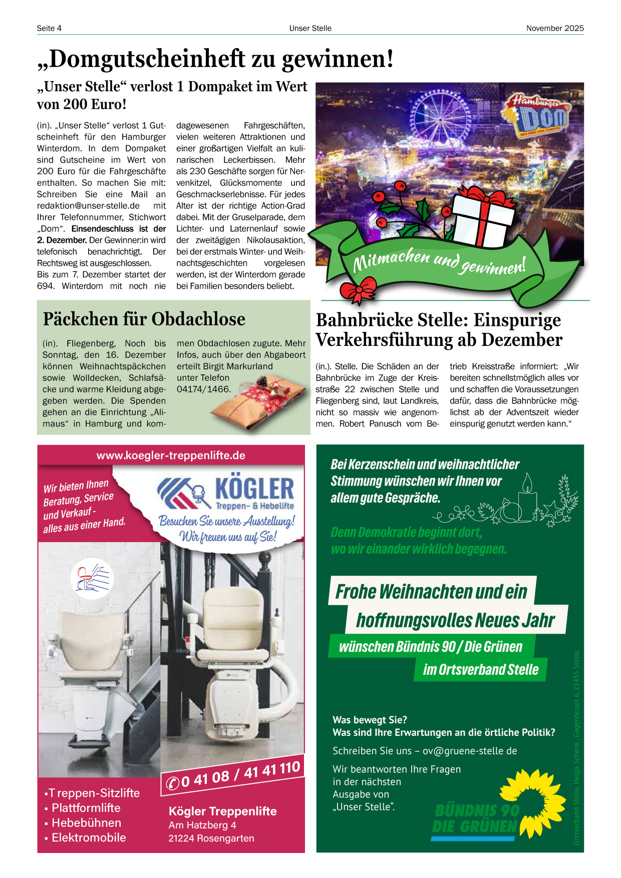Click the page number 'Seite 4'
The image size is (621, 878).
[x=49, y=28]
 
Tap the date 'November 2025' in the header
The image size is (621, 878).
[x=554, y=28]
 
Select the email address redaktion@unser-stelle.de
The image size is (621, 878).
[x=88, y=206]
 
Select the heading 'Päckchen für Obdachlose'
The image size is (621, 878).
[x=144, y=319]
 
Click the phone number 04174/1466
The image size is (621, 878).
[x=204, y=389]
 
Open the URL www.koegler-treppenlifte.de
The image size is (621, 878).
[x=171, y=456]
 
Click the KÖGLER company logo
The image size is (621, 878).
[x=226, y=493]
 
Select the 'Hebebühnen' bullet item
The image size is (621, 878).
[x=86, y=823]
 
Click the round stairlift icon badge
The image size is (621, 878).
[x=92, y=579]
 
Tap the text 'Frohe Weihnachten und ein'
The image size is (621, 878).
[x=431, y=592]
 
